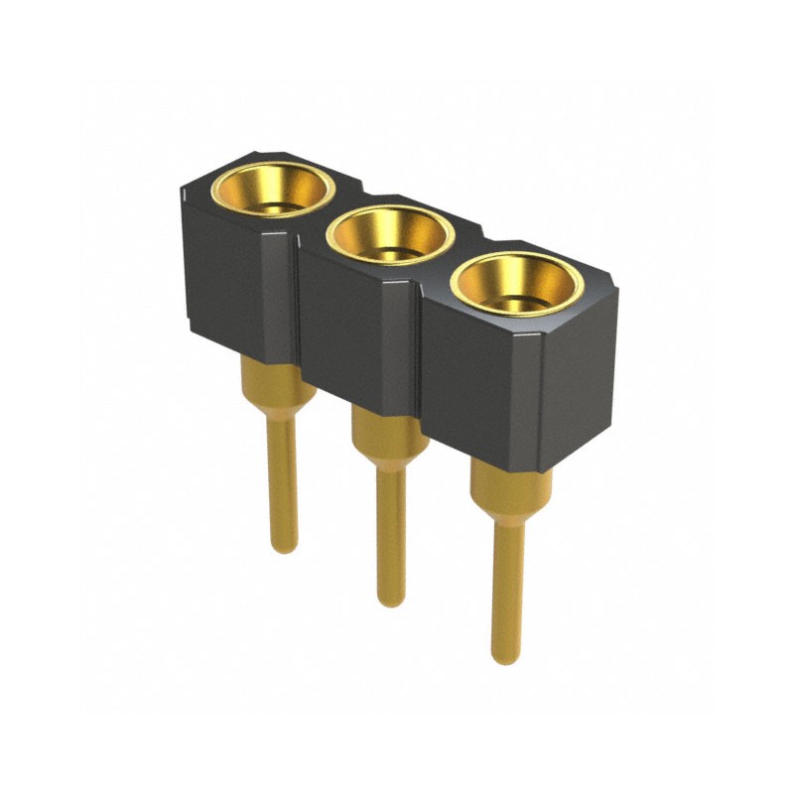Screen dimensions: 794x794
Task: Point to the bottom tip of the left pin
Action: tap(284, 545)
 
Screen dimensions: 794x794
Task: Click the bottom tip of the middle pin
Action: tap(391, 598)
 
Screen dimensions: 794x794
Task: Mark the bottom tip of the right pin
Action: tap(505, 656)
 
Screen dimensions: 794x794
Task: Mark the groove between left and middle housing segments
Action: tap(296, 298)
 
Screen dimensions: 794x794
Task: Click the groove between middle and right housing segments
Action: tap(416, 347)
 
